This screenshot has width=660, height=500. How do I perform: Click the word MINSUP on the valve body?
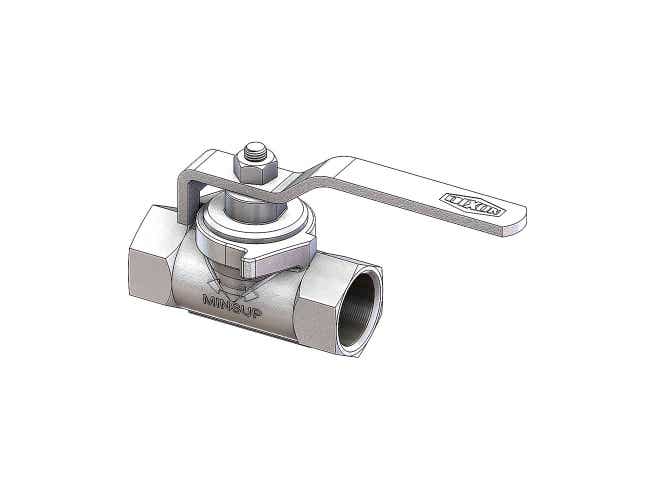[233, 300]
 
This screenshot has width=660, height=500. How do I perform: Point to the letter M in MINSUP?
[208, 300]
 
